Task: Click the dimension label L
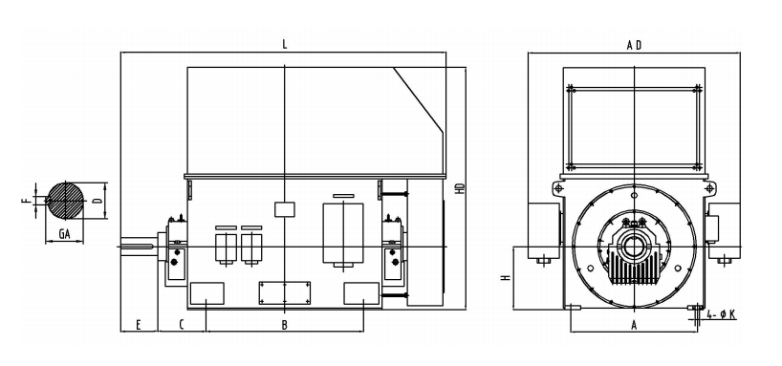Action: point(285,44)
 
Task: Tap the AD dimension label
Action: point(634,45)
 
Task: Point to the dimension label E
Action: point(139,325)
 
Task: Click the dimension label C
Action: point(182,325)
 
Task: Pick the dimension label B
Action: point(285,325)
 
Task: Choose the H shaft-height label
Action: point(506,278)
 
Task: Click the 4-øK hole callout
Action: point(722,314)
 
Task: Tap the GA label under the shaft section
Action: point(64,233)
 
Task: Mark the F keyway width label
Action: point(25,201)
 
